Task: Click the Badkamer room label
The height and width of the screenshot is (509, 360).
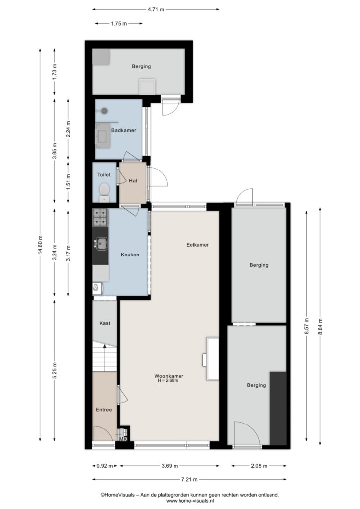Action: (x=124, y=130)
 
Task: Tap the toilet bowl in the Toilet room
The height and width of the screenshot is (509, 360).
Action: (x=104, y=189)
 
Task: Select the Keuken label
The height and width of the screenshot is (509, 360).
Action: (x=130, y=254)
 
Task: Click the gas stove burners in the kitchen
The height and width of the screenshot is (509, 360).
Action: (x=100, y=217)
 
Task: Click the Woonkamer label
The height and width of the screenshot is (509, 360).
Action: (x=169, y=376)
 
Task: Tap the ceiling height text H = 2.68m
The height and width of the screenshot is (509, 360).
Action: (x=168, y=380)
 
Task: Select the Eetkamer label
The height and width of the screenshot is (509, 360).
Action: (x=198, y=245)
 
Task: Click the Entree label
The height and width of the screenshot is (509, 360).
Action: (x=104, y=410)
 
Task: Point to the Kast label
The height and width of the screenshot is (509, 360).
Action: (x=105, y=323)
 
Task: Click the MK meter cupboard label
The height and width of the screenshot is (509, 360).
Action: (x=123, y=439)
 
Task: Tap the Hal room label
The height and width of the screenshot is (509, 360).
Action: (x=133, y=181)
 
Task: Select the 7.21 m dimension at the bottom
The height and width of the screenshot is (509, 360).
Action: (x=189, y=479)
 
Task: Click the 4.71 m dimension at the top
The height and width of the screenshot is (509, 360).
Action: (x=156, y=9)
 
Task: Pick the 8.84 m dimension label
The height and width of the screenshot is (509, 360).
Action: (x=320, y=328)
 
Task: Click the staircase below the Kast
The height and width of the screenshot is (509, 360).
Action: (x=104, y=357)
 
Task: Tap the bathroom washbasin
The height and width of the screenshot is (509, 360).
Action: (x=103, y=136)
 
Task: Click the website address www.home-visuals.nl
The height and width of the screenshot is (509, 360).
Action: (x=190, y=501)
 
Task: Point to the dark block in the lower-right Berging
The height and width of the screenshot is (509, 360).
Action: (x=278, y=409)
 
